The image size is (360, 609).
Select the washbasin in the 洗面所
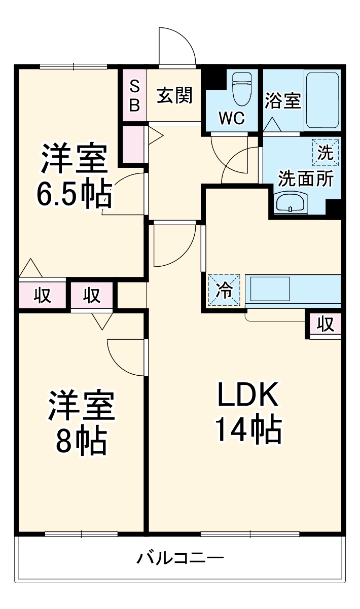(x=290, y=203)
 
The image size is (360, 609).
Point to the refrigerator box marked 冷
(x=224, y=290)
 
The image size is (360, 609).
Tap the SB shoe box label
(x=134, y=95)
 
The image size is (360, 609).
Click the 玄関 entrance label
(x=174, y=95)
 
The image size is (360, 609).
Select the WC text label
(x=231, y=118)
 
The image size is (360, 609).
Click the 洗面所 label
(x=306, y=178)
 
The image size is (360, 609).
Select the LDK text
(x=248, y=396)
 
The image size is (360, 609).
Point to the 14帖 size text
(x=248, y=430)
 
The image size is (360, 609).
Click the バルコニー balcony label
(x=180, y=559)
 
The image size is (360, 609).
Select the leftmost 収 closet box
(x=43, y=295)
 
